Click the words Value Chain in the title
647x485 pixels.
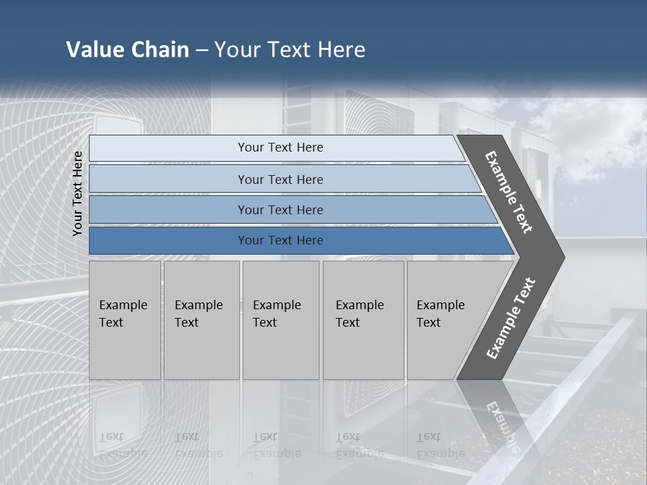point(127,50)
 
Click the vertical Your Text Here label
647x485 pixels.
point(78,193)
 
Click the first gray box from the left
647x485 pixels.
point(125,350)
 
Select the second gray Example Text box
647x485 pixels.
point(202,350)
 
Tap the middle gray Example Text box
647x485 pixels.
point(280,350)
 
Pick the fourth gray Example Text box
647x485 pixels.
point(363,350)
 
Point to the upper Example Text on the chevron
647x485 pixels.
point(509,192)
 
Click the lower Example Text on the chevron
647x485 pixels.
point(510,319)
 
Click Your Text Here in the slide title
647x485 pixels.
point(290,50)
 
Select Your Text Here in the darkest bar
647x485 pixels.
point(280,240)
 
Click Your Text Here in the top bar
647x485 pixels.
point(280,148)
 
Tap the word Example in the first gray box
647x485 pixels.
point(123,305)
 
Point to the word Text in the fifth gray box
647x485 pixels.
point(428,323)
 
